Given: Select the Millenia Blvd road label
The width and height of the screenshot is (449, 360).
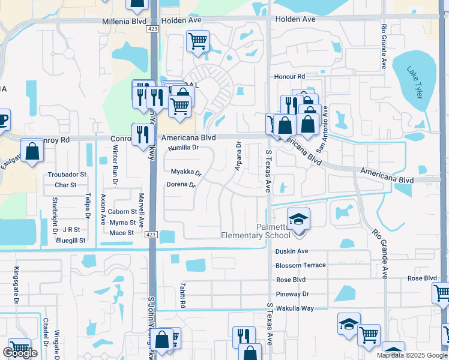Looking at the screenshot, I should [123, 20].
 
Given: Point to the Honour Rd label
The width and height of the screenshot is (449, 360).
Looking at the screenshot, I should [290, 77].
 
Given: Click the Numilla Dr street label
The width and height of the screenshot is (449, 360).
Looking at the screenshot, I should [183, 147].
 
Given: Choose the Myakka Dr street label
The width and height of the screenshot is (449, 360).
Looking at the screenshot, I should [186, 173].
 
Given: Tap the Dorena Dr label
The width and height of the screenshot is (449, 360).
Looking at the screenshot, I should [181, 185].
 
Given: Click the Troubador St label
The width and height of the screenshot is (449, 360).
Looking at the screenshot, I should [67, 175].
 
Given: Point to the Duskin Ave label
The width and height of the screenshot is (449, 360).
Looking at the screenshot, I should [292, 251].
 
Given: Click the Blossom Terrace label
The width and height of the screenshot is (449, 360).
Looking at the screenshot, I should [301, 265].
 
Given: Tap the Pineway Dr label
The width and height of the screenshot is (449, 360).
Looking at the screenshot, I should [292, 294].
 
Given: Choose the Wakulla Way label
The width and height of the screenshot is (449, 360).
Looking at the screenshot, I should [295, 308].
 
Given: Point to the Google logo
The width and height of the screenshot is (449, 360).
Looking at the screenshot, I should [20, 353].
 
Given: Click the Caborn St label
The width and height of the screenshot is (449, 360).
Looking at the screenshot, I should [122, 212].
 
